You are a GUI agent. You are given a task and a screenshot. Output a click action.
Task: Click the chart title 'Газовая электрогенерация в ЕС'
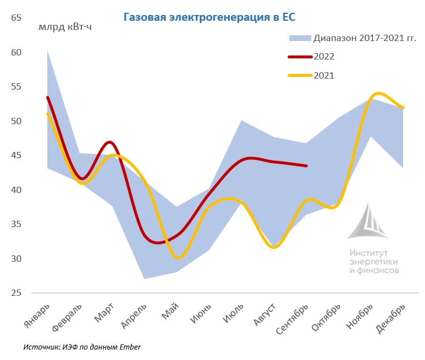[209, 17]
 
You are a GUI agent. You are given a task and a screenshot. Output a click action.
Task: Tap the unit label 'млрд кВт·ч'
[65, 27]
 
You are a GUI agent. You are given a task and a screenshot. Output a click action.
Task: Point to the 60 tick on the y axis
[16, 53]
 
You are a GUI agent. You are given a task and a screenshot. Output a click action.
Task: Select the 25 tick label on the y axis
[16, 293]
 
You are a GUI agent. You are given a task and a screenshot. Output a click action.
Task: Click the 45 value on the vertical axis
[16, 155]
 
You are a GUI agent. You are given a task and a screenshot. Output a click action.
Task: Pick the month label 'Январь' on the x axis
[37, 316]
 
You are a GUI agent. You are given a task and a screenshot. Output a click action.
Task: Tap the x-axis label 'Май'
[170, 311]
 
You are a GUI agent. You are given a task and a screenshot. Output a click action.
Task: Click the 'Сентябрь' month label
[292, 319]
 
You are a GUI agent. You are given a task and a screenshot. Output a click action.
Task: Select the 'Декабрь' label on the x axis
[390, 318]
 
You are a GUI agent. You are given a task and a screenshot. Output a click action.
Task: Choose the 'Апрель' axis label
[133, 316]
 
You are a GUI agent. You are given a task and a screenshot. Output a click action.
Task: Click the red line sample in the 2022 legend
[300, 57]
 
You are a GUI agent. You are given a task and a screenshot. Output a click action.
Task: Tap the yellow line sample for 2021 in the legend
[300, 76]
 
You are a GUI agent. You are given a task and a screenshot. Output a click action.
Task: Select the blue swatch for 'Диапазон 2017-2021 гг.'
[300, 38]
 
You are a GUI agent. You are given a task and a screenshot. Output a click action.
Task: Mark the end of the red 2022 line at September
[307, 166]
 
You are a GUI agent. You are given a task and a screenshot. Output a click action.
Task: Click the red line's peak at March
[110, 142]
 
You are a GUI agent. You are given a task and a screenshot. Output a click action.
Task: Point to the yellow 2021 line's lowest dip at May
[178, 258]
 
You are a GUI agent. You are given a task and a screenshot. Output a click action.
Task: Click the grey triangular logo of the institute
[368, 221]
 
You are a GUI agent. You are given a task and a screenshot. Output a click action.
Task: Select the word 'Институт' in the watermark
[368, 253]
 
